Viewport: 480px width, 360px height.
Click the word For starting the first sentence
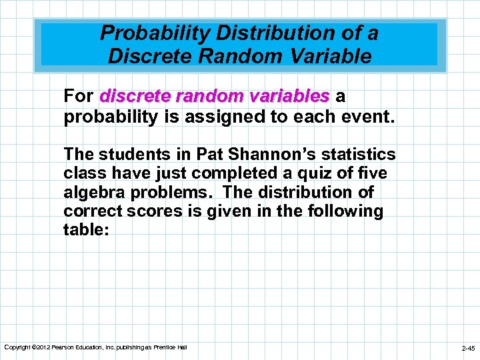tap(78, 97)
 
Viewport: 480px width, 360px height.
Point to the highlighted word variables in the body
tap(291, 97)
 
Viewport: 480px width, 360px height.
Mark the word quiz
tap(307, 174)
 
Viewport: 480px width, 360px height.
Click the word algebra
tap(92, 193)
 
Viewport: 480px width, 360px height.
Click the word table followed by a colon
tap(82, 231)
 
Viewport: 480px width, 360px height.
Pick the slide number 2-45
tap(468, 348)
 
